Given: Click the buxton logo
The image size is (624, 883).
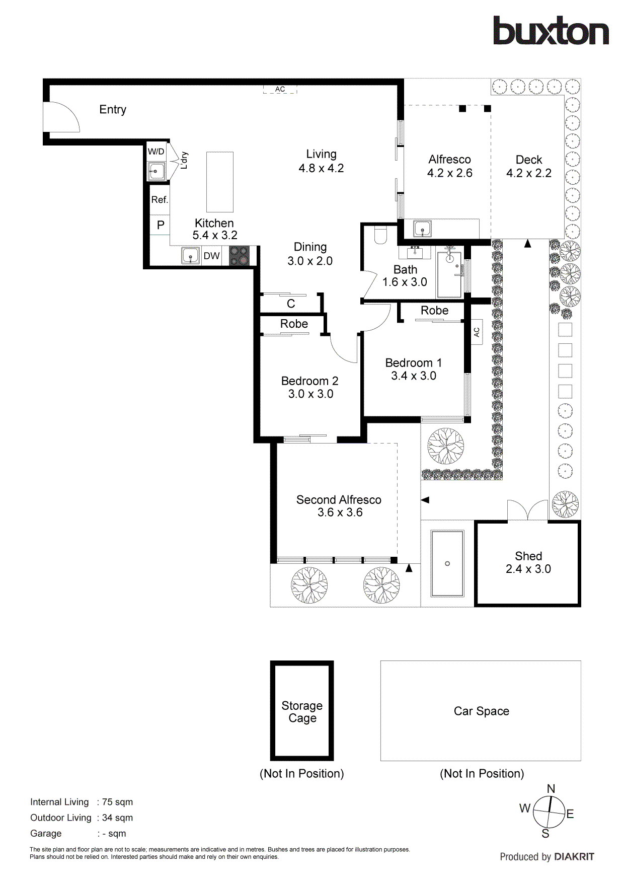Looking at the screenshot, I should pos(551,31).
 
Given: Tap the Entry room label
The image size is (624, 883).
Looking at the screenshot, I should pos(113,110).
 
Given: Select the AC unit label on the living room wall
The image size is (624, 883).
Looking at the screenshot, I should pos(280,89).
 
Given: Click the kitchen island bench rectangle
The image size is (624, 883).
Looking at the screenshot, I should pos(220,182).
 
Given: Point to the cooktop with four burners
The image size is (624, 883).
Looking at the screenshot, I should pos(239,255).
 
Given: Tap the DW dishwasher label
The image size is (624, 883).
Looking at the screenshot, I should pos(211,256).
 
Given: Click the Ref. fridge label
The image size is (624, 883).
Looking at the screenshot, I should pos(160,199).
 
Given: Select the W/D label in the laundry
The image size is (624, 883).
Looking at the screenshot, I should pos(156,152).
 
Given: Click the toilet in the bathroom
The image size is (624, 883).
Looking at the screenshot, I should pos(380,235).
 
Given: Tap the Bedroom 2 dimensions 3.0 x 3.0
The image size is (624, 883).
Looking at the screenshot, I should pos(310,394).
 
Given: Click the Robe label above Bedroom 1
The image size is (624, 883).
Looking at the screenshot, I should pos(434,311).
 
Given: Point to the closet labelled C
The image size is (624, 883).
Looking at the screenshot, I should pos(291,304).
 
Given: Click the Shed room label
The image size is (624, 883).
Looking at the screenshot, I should pos(528,556).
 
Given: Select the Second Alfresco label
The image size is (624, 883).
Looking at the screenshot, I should pos(339,500).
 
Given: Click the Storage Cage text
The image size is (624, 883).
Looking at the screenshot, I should pos(302,711).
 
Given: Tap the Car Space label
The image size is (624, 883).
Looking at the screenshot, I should pos(481,711).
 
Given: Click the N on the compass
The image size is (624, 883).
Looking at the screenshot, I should pos(551,789).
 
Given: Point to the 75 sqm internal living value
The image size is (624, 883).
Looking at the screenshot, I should pos(117,802).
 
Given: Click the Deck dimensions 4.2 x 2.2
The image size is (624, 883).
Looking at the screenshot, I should pos(528,173).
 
